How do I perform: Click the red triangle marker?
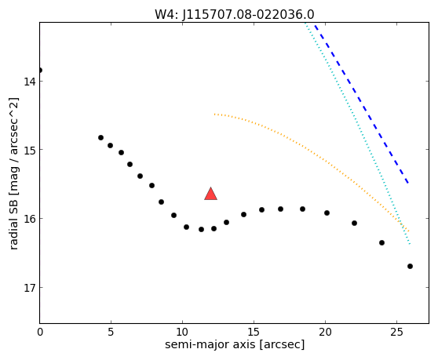210,194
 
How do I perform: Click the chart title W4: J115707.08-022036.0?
235,14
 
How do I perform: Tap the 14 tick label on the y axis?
30,82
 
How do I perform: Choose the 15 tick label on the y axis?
30,150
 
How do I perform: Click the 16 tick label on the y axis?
30,219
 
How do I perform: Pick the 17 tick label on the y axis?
30,287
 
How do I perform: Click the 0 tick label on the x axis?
40,332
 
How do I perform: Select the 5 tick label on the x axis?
111,332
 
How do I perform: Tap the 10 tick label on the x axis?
182,332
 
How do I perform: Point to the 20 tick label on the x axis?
325,332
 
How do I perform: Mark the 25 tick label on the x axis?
396,332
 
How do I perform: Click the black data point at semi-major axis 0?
40,70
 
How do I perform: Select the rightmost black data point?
410,266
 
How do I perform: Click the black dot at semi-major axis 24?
381,243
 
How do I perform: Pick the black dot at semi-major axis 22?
355,223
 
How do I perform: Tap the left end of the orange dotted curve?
214,115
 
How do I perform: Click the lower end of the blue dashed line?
408,183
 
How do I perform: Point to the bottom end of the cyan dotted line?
410,245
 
